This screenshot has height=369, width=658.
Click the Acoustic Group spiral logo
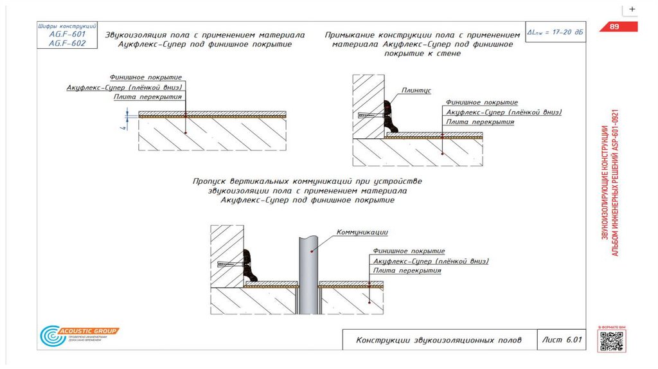click(49, 336)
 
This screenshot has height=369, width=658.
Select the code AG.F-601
click(62, 34)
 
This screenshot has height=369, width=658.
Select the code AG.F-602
click(62, 43)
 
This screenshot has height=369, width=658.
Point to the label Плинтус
click(416, 91)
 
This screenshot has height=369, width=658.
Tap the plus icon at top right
click(632, 9)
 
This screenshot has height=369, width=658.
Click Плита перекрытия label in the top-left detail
click(148, 96)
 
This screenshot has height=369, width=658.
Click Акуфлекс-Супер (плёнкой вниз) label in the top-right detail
click(504, 112)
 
